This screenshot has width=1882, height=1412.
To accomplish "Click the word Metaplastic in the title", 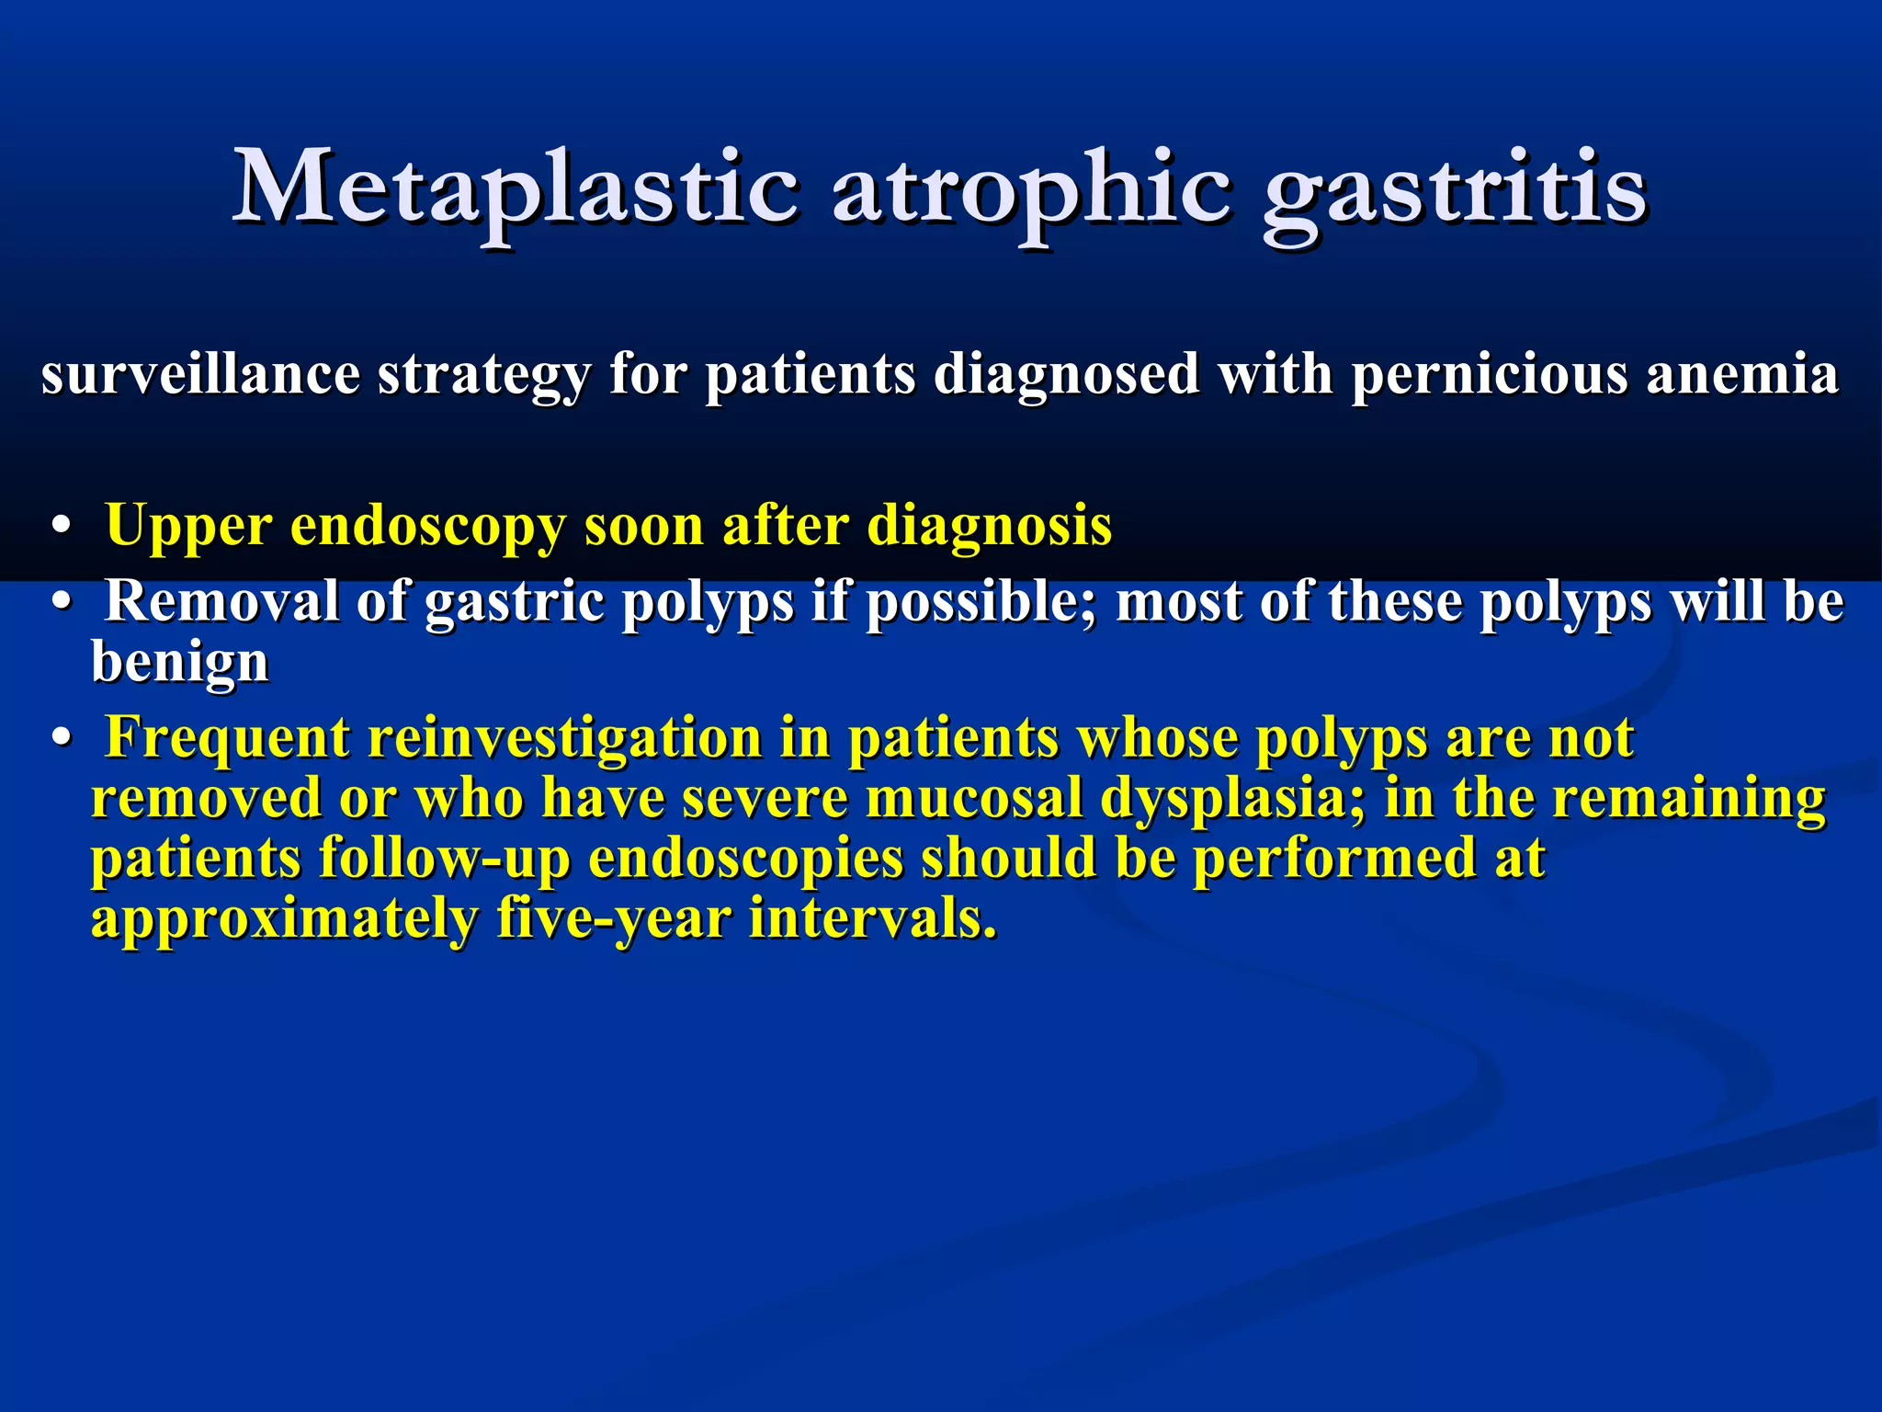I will coord(515,188).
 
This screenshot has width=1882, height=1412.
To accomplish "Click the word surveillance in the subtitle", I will coord(200,375).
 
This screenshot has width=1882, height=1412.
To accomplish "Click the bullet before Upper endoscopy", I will coord(62,528).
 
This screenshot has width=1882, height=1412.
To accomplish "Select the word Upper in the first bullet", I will coord(188,528).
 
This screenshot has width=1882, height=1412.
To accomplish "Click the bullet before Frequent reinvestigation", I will coord(62,739).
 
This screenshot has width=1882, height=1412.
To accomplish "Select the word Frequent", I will coord(227,738).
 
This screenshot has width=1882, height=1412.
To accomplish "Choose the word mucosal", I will coord(973,798).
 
